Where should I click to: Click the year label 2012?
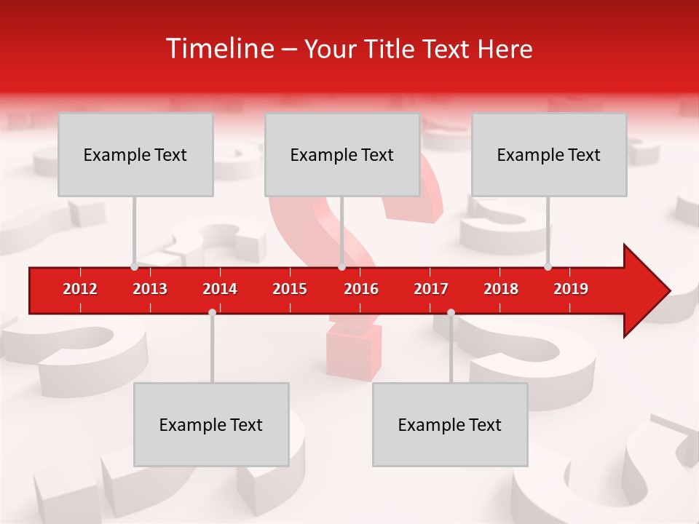80,289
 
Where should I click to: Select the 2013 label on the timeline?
150,289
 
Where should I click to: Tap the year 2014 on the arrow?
220,289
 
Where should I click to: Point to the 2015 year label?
290,289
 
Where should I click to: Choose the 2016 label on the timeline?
361,289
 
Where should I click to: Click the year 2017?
431,289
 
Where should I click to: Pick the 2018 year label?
501,289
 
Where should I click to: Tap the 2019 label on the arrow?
571,289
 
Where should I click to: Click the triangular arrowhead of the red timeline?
644,291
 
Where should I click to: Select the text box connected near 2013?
135,154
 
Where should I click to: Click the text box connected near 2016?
342,154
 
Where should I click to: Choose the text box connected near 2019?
549,154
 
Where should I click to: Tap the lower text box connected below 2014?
211,424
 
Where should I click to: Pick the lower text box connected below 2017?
450,424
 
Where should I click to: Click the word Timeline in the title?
218,49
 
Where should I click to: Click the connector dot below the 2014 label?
212,312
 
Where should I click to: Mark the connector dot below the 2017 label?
451,312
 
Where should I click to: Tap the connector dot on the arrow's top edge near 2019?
548,266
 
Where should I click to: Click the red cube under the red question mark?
354,352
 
